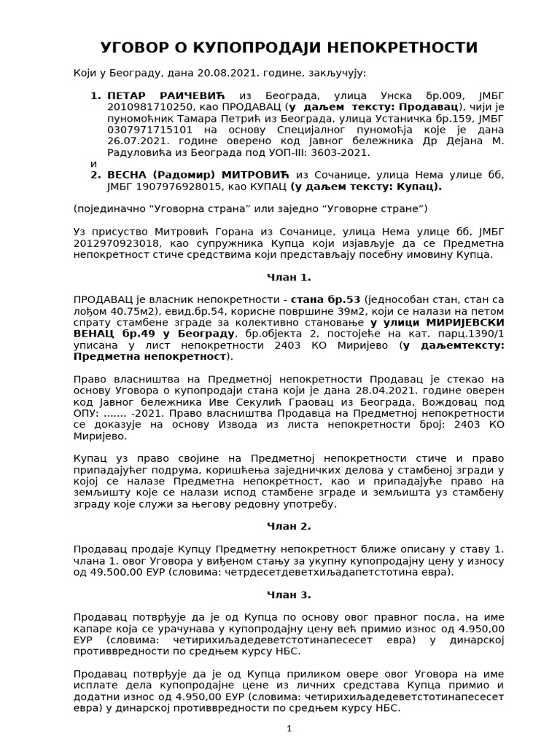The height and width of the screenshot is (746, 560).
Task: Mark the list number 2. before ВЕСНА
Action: pos(95,175)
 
